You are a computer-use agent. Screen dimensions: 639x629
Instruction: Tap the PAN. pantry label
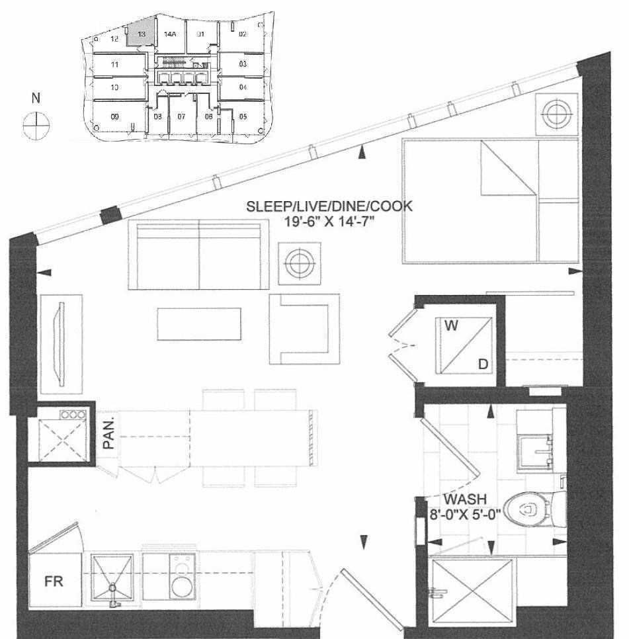pyautogui.click(x=109, y=433)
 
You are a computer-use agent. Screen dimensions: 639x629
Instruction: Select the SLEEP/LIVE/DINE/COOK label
pyautogui.click(x=329, y=206)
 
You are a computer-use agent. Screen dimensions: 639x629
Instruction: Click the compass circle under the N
pyautogui.click(x=36, y=124)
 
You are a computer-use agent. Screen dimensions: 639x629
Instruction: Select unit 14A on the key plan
pyautogui.click(x=169, y=34)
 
